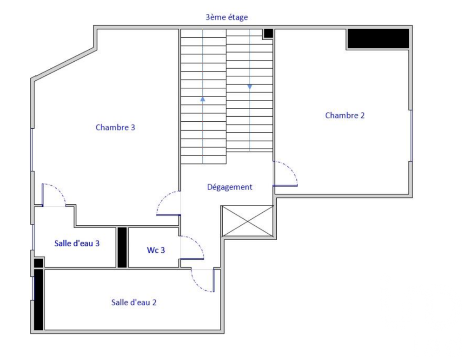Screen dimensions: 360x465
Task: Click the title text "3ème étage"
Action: point(226,17)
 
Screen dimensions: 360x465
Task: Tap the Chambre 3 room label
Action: point(115,127)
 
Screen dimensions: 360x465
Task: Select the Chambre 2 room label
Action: point(345,116)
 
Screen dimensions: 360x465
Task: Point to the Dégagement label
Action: point(229,187)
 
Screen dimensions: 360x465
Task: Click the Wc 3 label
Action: point(156,250)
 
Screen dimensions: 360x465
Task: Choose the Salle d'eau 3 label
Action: point(77,243)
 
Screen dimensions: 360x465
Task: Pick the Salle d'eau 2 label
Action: point(133,302)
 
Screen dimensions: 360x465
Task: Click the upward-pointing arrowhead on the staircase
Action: point(203,98)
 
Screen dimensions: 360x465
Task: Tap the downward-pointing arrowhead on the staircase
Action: point(250,87)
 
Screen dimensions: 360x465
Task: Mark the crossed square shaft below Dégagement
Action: point(247,221)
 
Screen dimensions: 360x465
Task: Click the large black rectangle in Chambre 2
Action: point(378,38)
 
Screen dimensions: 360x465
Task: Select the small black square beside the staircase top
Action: point(268,33)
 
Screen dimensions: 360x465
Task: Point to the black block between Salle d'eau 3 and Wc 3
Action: point(122,247)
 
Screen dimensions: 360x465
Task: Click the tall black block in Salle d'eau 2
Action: point(39,299)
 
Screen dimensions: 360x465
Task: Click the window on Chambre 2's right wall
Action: point(411,135)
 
